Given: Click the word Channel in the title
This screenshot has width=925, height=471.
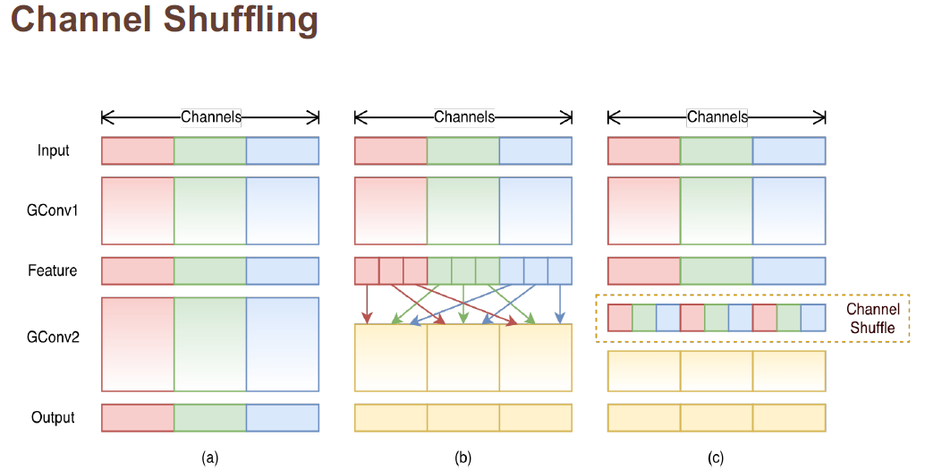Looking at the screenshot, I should pyautogui.click(x=78, y=19).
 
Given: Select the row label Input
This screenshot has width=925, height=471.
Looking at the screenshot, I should pyautogui.click(x=54, y=150).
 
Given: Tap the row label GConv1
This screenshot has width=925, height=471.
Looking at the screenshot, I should pyautogui.click(x=54, y=210).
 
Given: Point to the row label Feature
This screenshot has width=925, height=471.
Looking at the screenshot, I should pyautogui.click(x=53, y=270).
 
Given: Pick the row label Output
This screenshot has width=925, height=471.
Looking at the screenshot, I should pyautogui.click(x=53, y=417).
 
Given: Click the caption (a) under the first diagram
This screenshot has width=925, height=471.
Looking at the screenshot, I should pyautogui.click(x=210, y=458).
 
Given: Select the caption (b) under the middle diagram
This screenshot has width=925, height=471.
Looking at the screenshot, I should pyautogui.click(x=462, y=458).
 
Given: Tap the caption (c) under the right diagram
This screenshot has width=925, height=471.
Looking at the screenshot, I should pyautogui.click(x=716, y=458).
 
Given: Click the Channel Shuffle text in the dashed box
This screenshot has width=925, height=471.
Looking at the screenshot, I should pyautogui.click(x=872, y=319).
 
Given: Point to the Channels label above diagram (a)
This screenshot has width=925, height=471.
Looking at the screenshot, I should pyautogui.click(x=211, y=116).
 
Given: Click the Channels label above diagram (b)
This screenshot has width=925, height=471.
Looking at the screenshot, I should pyautogui.click(x=464, y=116).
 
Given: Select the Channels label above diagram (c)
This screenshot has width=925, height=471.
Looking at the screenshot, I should pyautogui.click(x=717, y=116).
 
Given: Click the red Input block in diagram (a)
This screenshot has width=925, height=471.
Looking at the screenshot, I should pyautogui.click(x=138, y=151).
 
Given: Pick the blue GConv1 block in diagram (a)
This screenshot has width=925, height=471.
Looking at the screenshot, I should pyautogui.click(x=283, y=210).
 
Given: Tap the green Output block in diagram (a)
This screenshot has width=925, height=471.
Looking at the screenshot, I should pyautogui.click(x=210, y=418).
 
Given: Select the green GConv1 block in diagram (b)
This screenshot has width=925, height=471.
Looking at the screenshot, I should pyautogui.click(x=463, y=210).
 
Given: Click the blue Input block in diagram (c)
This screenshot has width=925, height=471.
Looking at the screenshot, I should pyautogui.click(x=789, y=151).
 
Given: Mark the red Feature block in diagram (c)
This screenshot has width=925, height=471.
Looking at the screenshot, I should pyautogui.click(x=644, y=271).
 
